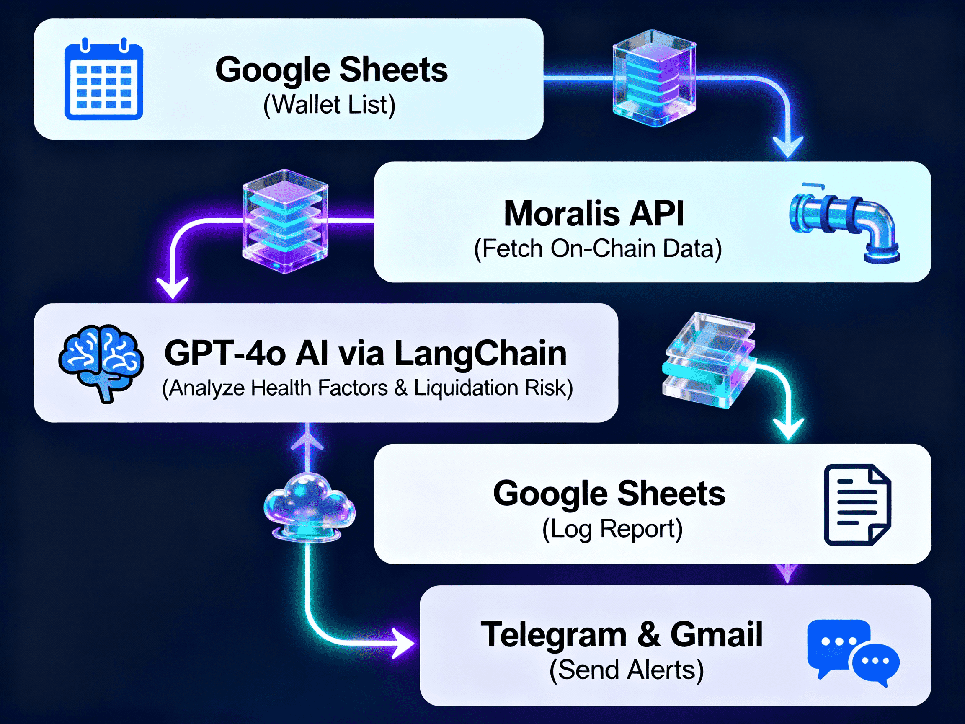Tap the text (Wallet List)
(329, 105)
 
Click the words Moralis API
(594, 214)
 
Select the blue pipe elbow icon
(844, 222)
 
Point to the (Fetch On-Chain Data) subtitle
(598, 249)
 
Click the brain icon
(101, 362)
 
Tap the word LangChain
(480, 354)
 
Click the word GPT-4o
(225, 354)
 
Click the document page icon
(857, 504)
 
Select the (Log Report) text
(612, 529)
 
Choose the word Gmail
(716, 635)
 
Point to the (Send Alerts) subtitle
(626, 670)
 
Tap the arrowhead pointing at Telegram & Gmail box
(402, 643)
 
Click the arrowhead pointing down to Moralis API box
(788, 147)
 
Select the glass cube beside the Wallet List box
(653, 78)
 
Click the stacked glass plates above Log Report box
(709, 360)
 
